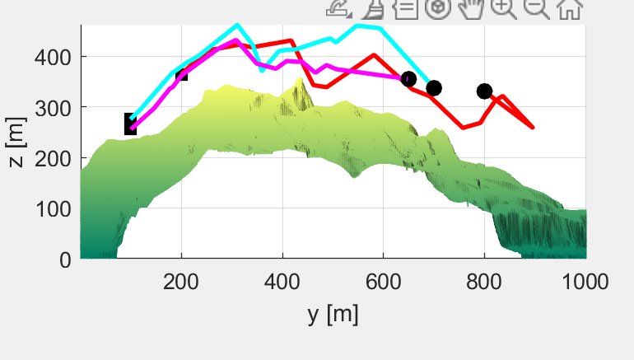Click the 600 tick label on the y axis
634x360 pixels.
click(x=383, y=282)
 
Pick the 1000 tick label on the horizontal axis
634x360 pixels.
click(x=585, y=282)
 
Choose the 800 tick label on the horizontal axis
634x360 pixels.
click(x=484, y=282)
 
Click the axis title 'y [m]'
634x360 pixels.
click(x=333, y=314)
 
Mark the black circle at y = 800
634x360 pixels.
click(x=484, y=91)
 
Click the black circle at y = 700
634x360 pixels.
click(x=434, y=87)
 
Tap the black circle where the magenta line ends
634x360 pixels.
click(x=408, y=79)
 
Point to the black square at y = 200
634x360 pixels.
click(x=182, y=73)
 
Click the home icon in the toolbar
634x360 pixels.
click(x=569, y=9)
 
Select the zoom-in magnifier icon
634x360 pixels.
click(x=502, y=9)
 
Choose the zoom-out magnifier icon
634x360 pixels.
click(x=535, y=9)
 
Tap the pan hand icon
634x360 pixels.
click(x=470, y=9)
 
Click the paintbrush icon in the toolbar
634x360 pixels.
click(x=372, y=9)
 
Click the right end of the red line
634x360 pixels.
click(x=533, y=128)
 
